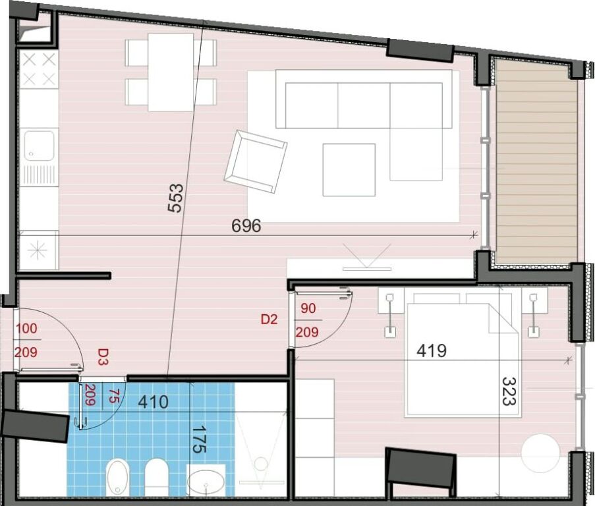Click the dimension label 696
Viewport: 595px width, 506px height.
tap(246, 226)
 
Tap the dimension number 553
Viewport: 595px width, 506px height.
tap(175, 198)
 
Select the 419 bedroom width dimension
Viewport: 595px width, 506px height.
tap(432, 351)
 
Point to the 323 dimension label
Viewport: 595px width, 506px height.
tap(509, 391)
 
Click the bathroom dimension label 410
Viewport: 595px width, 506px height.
tap(153, 402)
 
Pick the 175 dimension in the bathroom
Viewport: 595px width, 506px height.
tap(198, 439)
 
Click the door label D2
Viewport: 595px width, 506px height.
tap(269, 320)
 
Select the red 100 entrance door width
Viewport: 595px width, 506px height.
tap(26, 329)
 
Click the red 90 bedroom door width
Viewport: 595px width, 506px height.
tap(308, 308)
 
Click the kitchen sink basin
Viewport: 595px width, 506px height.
tap(39, 145)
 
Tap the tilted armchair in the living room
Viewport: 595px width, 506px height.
tap(256, 162)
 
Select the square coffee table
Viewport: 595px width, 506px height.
tap(349, 170)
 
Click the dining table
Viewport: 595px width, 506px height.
tap(171, 72)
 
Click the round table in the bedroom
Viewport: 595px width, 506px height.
tap(540, 454)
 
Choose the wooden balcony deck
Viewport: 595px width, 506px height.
tap(536, 161)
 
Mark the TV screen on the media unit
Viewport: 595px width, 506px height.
tap(366, 269)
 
